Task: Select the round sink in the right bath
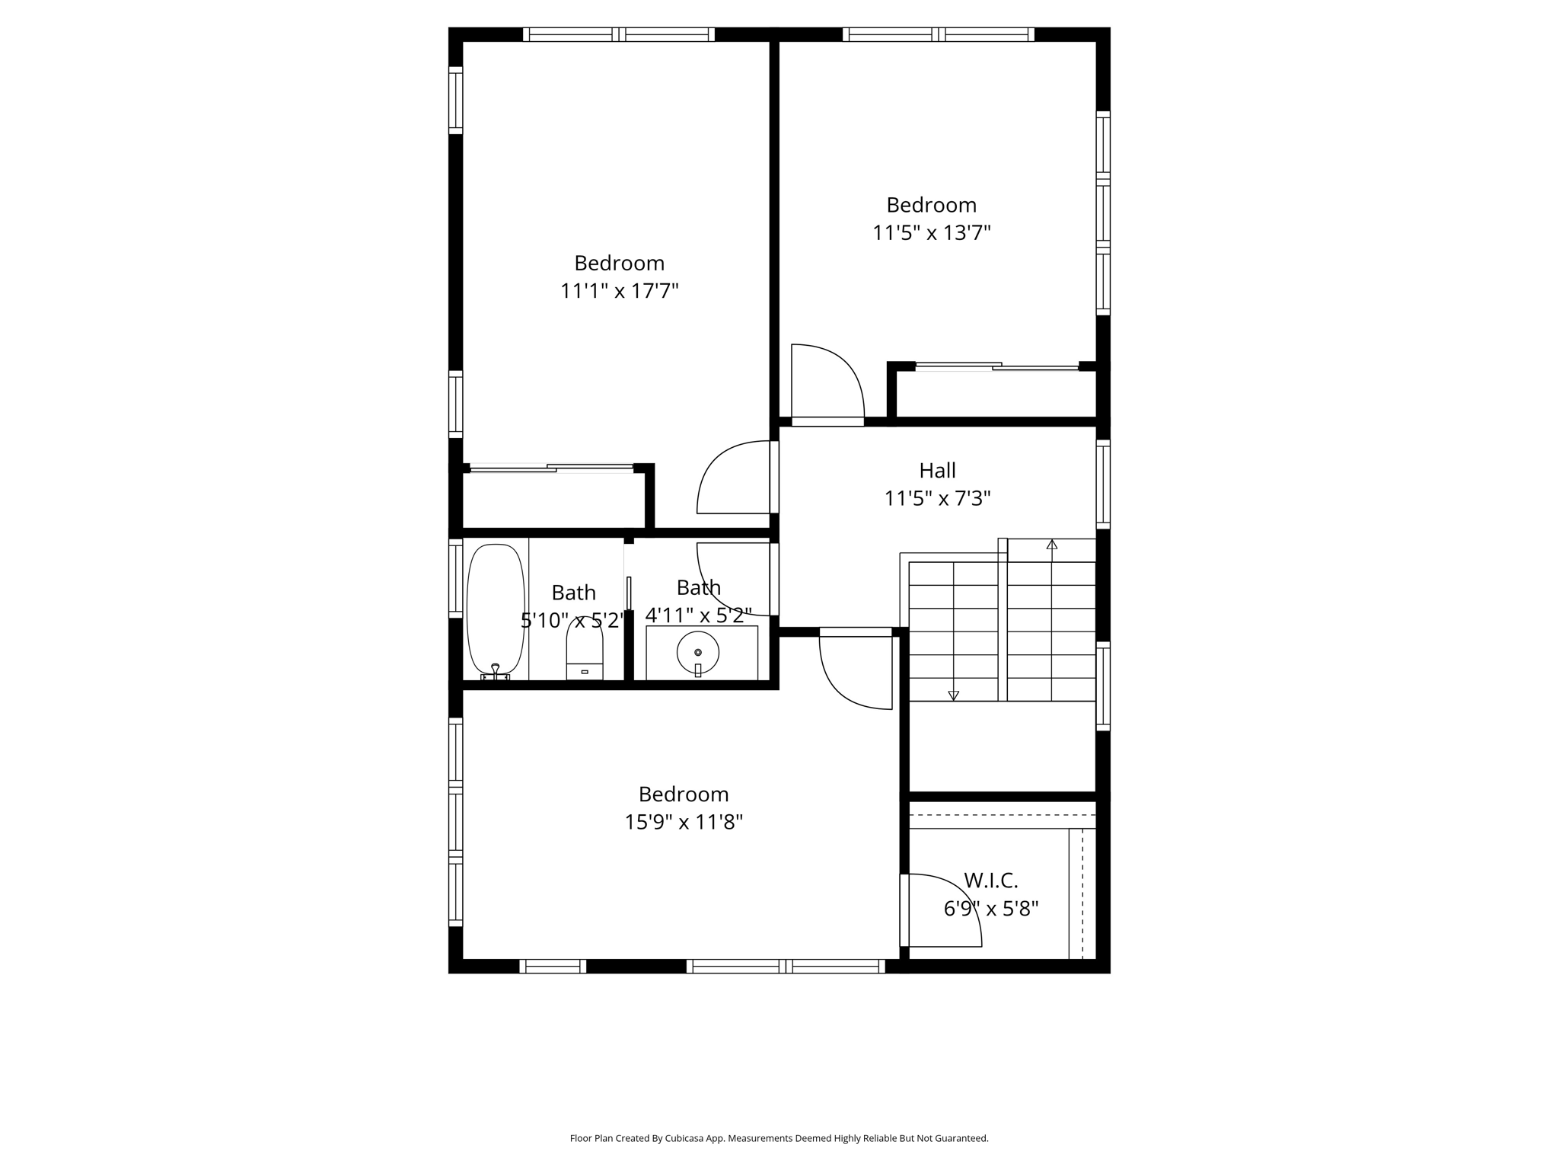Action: pos(697,652)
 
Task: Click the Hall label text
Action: pos(937,471)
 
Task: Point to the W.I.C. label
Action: pos(990,881)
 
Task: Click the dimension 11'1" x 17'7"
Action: pos(619,291)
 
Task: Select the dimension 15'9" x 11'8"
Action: pos(684,823)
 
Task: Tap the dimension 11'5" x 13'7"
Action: pos(931,233)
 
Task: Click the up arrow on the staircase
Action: pos(1052,545)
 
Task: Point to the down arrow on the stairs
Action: pos(953,694)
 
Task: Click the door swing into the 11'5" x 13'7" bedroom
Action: pos(827,381)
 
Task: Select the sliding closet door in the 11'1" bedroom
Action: pos(551,468)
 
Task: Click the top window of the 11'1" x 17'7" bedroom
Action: pos(618,34)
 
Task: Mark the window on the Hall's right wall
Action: pos(1102,483)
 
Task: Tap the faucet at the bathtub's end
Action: pos(496,670)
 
